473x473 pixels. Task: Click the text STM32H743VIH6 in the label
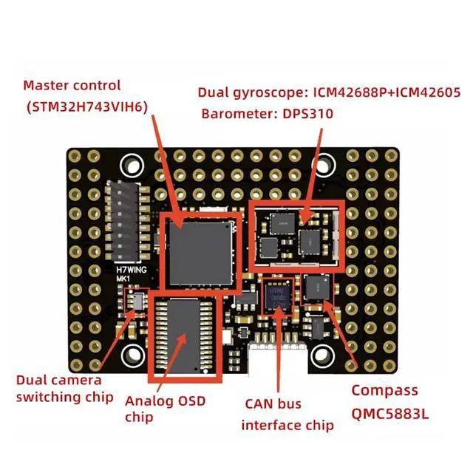pyautogui.click(x=86, y=106)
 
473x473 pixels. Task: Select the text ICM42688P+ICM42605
pyautogui.click(x=381, y=93)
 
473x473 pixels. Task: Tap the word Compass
pyautogui.click(x=384, y=390)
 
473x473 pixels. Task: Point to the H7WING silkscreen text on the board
pyautogui.click(x=133, y=270)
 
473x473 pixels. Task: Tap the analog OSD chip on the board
pyautogui.click(x=186, y=335)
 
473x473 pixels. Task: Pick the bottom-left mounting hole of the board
pyautogui.click(x=134, y=355)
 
